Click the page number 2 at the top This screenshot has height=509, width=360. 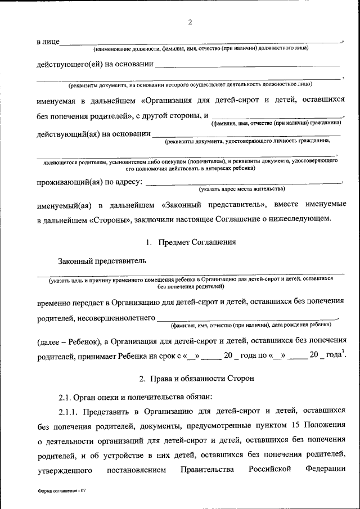190,22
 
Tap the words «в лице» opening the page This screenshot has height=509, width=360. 47,42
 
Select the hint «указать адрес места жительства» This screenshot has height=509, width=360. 242,188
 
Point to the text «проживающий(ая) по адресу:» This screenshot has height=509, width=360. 90,183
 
